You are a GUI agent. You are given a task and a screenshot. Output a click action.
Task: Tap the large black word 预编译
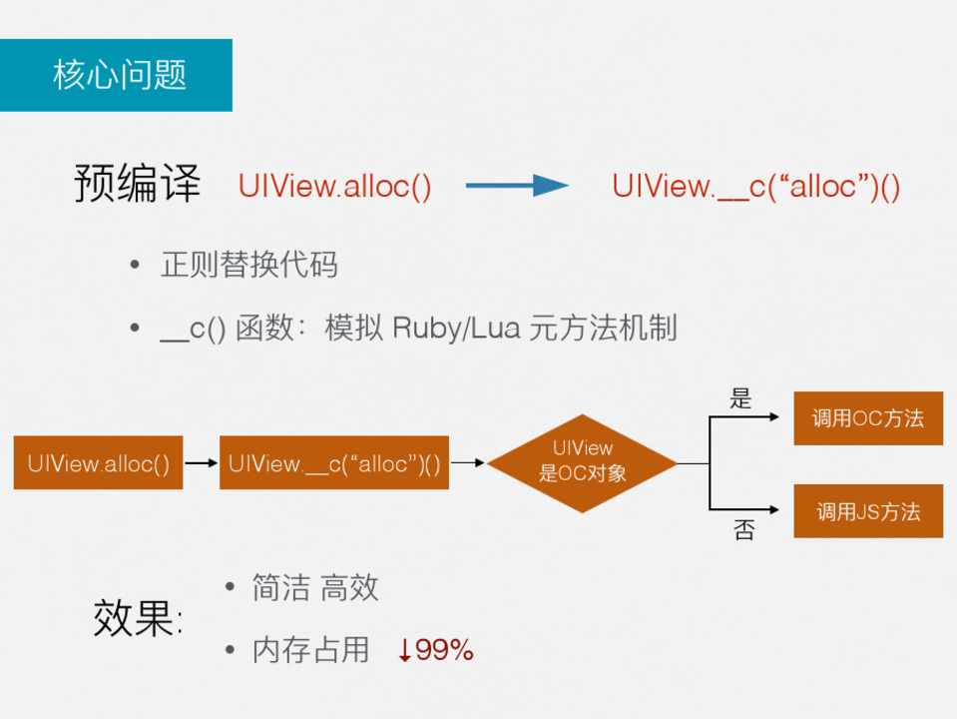coord(137,185)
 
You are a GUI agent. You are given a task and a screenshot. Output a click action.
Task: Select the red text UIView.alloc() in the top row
coord(334,187)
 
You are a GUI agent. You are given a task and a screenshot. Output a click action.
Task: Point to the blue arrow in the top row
coord(516,185)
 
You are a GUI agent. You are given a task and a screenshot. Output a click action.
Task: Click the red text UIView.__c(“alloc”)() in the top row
coord(755,187)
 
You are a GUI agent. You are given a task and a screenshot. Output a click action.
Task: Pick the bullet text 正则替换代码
coord(248,265)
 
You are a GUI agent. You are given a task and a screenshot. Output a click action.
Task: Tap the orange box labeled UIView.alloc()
coord(98,463)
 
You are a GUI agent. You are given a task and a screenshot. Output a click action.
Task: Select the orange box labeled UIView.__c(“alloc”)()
coord(333,463)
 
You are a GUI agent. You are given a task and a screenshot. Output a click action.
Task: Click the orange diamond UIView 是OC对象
coord(583,462)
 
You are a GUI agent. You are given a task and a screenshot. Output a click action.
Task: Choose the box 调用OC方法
coord(867,418)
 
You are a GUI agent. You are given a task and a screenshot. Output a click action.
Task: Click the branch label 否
coord(743,530)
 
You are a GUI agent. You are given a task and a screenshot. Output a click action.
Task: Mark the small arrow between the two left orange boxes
coord(201,463)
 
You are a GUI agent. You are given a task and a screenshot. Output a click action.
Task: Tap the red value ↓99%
coord(435,651)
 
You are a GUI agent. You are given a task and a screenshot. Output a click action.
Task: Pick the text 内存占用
coord(310,651)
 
